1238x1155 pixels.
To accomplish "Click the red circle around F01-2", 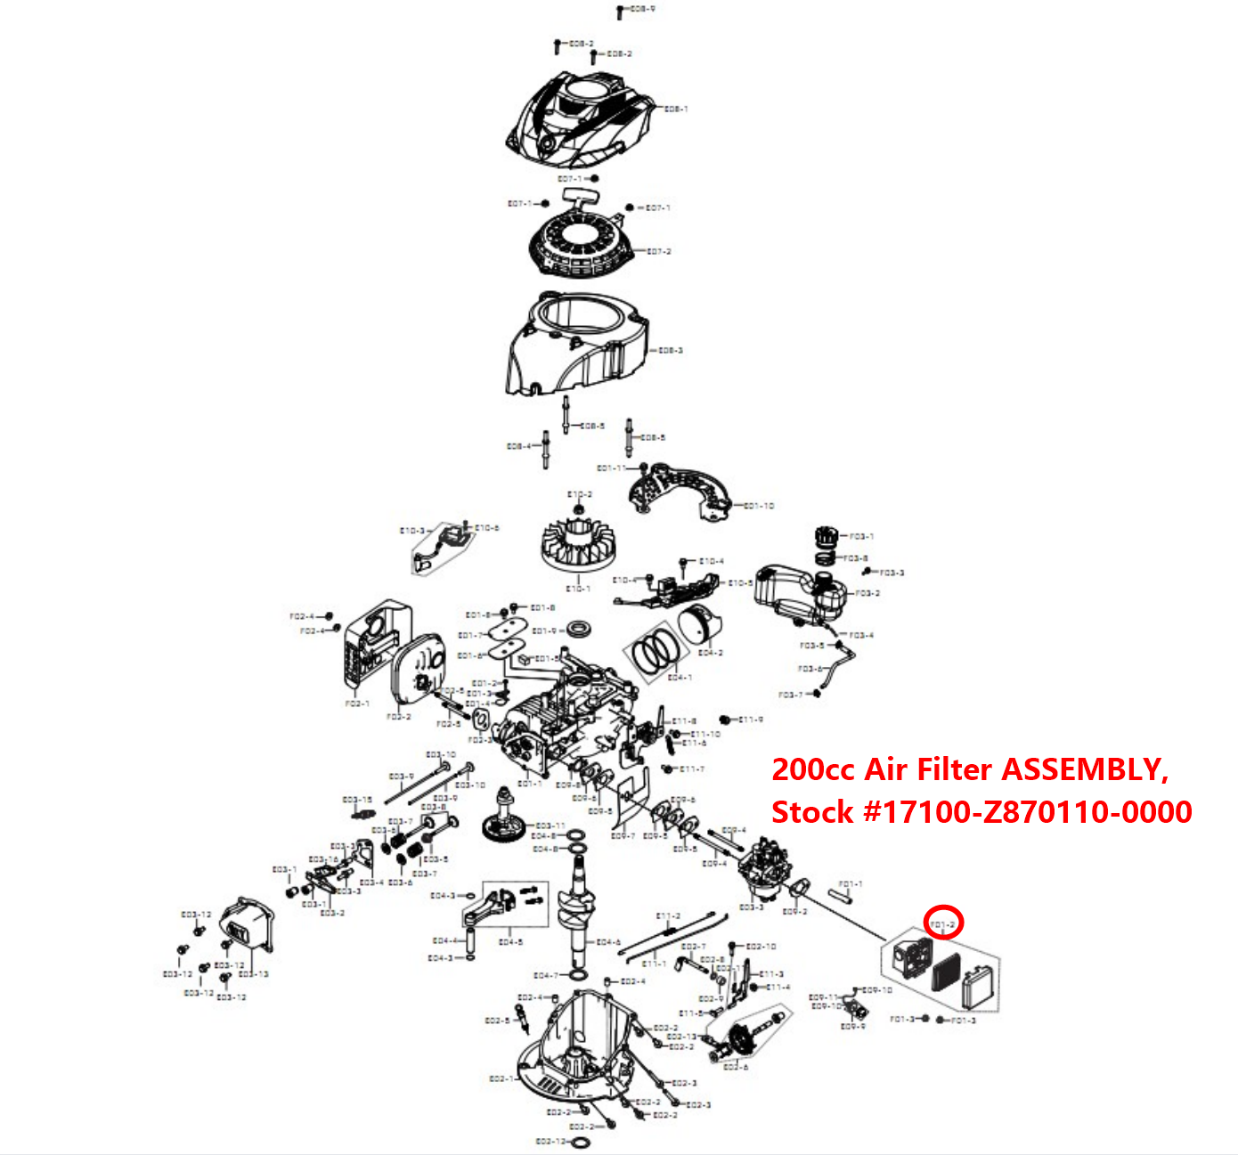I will pyautogui.click(x=944, y=923).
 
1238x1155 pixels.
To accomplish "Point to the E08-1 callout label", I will pyautogui.click(x=676, y=110).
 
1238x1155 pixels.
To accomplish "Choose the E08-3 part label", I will pyautogui.click(x=671, y=351).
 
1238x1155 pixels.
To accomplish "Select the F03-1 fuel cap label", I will pyautogui.click(x=861, y=537).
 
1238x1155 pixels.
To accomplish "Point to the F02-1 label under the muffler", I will pyautogui.click(x=356, y=704).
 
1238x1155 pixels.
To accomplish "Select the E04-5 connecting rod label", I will pyautogui.click(x=510, y=942).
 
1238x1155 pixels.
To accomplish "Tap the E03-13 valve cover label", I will pyautogui.click(x=254, y=974).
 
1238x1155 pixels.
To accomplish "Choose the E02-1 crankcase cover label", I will pyautogui.click(x=501, y=1079).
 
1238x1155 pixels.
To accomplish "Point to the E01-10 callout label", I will pyautogui.click(x=759, y=506).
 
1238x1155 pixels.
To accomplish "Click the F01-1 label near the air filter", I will pyautogui.click(x=851, y=884).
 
